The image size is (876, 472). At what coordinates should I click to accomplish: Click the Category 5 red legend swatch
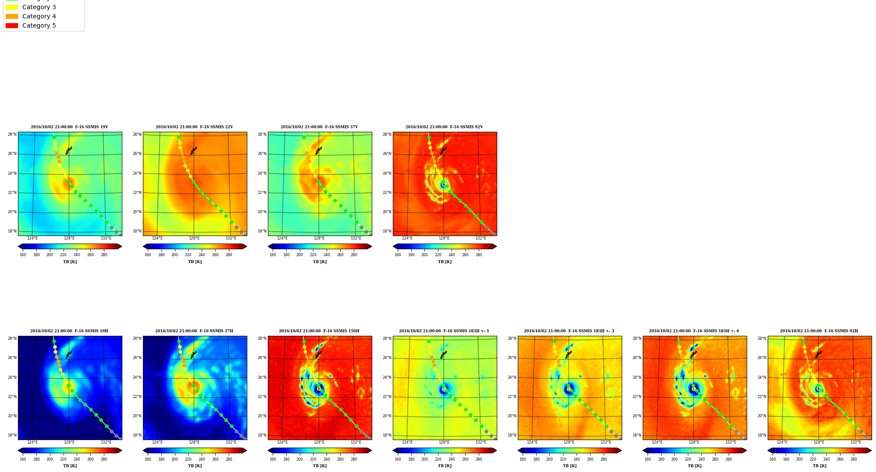12,25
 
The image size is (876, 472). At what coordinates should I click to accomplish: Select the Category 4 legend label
39,16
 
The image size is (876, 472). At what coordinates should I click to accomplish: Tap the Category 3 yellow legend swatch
12,7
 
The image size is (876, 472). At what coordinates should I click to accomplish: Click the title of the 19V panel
69,127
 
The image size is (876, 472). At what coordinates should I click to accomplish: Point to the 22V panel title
194,127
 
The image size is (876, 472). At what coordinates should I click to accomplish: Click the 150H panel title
319,331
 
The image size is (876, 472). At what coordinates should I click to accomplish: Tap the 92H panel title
819,331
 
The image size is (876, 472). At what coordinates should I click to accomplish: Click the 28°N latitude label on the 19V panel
12,134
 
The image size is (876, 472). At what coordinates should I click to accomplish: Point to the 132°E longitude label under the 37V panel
356,238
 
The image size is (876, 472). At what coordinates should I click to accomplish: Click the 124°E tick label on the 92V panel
407,238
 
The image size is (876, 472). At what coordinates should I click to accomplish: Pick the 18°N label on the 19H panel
12,435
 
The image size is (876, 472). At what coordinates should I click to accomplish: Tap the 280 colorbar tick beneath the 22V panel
229,255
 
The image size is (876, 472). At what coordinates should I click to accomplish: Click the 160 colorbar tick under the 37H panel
148,459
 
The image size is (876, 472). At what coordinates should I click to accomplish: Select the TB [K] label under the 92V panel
445,262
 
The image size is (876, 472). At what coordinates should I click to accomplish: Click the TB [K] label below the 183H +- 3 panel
570,466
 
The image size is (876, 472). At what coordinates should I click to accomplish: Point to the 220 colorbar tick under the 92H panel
813,459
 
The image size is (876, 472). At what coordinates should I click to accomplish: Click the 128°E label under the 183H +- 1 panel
444,442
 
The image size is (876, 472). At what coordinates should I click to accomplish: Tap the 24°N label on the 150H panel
262,377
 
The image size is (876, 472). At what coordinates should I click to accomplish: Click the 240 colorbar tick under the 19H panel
77,459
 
